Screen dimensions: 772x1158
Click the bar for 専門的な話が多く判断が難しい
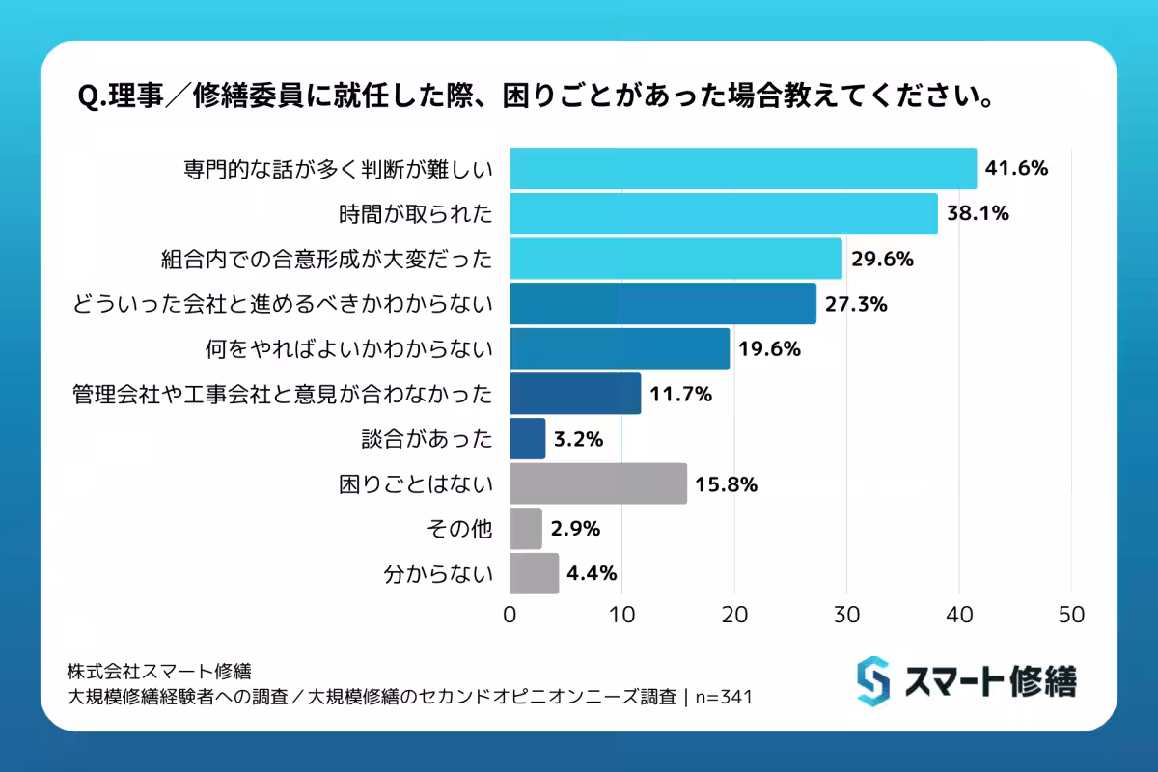[743, 169]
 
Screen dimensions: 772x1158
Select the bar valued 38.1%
[724, 214]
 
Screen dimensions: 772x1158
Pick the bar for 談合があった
[527, 439]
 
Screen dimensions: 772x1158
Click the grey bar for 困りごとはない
[598, 483]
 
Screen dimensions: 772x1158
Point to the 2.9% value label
[576, 529]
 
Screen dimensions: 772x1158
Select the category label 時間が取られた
[426, 214]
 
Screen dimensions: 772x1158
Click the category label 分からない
[438, 574]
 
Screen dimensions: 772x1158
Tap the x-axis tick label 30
[846, 614]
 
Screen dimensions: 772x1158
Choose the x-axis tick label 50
[1071, 614]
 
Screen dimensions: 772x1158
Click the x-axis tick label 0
[510, 614]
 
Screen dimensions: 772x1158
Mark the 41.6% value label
[1016, 169]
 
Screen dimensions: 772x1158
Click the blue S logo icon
[873, 681]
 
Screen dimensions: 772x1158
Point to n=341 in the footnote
[725, 697]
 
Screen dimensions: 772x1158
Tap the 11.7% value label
[680, 394]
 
